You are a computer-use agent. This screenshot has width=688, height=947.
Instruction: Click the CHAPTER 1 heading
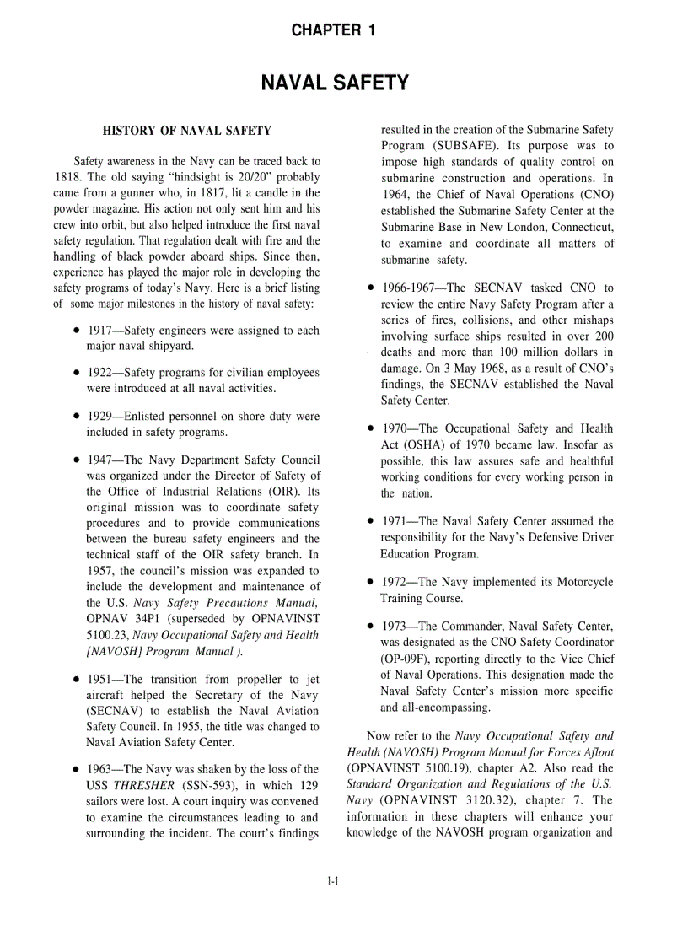pos(333,31)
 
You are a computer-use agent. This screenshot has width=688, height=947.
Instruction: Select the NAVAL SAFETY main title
pos(335,83)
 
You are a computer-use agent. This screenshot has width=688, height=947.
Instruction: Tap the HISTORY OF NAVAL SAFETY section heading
pos(186,131)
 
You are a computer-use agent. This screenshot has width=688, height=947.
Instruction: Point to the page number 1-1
pos(333,882)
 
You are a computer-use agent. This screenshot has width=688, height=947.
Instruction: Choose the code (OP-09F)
pos(407,659)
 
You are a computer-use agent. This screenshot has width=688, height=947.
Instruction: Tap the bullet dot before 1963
pos(77,770)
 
